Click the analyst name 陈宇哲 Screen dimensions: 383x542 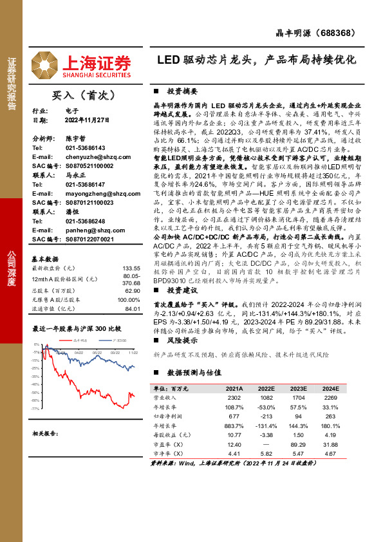click(x=75, y=138)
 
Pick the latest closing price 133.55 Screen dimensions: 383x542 click(x=131, y=268)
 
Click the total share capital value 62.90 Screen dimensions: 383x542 click(x=133, y=290)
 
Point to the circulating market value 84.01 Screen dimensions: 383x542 click(x=133, y=308)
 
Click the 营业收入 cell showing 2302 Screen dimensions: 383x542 click(x=234, y=398)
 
